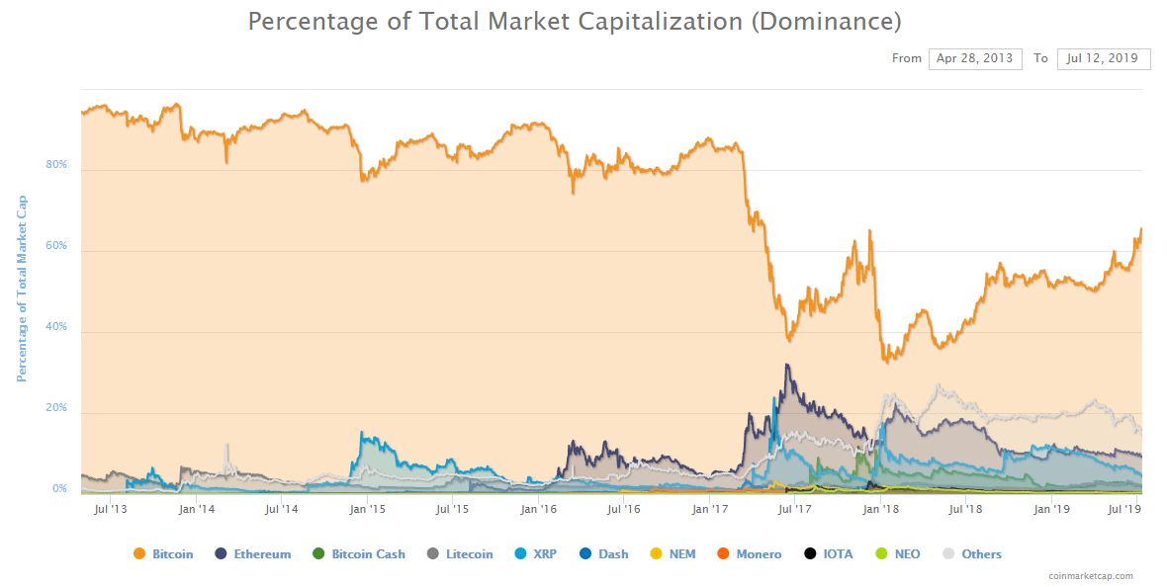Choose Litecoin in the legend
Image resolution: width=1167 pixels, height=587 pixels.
[461, 554]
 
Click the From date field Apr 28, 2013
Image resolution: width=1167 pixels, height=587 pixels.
[974, 58]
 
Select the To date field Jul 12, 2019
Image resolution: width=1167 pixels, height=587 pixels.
[1103, 58]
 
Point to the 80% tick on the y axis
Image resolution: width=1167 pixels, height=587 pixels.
[56, 165]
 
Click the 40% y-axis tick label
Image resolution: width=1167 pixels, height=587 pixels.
[56, 327]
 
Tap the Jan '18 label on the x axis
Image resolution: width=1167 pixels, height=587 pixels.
[880, 509]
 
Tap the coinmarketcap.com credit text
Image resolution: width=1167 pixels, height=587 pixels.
[1091, 576]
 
